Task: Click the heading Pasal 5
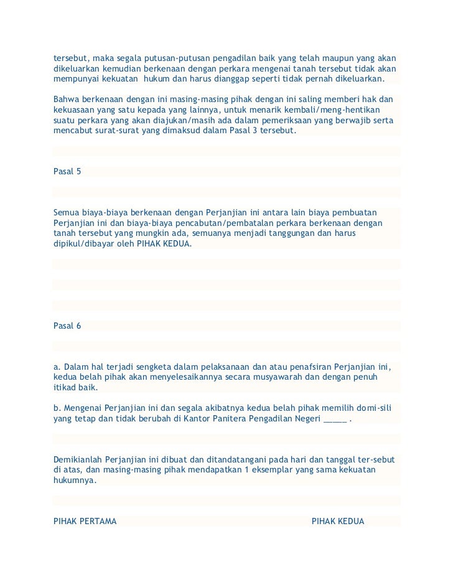(67, 171)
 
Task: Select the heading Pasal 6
(67, 326)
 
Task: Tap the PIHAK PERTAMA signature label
(85, 521)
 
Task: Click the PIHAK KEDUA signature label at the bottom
(338, 521)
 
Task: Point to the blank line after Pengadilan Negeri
(335, 418)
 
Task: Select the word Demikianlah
(78, 459)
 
